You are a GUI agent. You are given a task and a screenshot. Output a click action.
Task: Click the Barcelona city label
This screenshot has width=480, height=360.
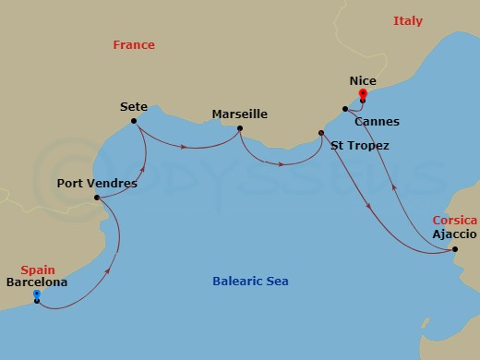point(36,282)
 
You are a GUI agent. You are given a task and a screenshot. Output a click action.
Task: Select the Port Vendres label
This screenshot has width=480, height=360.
point(97,183)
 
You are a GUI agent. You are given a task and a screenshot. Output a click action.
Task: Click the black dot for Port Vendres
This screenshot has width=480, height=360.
point(97,198)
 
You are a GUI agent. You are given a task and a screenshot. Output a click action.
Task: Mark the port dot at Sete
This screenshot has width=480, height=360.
point(135,121)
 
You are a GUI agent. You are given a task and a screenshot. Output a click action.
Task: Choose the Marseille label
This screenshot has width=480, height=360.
point(239,114)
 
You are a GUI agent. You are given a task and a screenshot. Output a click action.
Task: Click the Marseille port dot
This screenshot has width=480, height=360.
point(239,128)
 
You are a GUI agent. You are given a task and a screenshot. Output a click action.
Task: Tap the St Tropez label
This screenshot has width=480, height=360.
point(359,146)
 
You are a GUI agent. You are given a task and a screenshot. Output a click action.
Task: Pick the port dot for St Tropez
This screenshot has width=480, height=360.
point(321,133)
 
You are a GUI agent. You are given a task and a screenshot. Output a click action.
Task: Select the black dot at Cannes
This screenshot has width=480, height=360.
point(344,109)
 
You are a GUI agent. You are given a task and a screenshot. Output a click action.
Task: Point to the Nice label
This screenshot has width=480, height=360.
point(363,81)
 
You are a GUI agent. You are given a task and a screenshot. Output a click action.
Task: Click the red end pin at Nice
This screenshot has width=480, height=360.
point(363,94)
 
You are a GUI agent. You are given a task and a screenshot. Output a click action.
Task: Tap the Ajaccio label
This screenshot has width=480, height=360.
point(455,234)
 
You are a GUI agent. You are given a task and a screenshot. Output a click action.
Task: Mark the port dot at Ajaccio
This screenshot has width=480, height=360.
point(455,248)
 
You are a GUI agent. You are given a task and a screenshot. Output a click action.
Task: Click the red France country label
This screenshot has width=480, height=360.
point(133,44)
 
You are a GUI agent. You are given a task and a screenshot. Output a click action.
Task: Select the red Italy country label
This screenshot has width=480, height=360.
point(407,20)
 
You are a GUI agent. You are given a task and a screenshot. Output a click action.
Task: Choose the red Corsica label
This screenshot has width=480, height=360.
point(455,221)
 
